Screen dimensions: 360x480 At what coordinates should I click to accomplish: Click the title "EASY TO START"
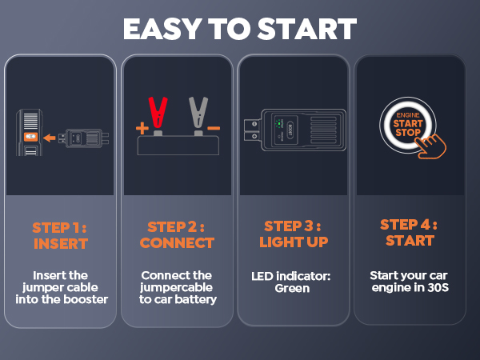[239, 29]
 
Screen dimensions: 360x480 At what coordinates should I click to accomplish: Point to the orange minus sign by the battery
[213, 128]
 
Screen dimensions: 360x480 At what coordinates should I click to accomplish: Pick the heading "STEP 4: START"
[409, 231]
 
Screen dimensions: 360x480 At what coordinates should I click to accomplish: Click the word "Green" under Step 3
[293, 288]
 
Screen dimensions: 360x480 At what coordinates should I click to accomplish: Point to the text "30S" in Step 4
[436, 288]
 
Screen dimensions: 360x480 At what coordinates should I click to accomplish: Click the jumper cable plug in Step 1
[84, 138]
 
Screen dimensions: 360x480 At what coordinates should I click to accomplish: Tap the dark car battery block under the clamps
[178, 146]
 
